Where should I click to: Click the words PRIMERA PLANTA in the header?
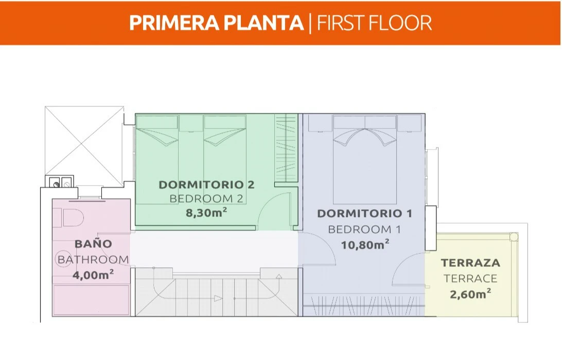(217, 23)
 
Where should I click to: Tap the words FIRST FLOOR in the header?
(374, 23)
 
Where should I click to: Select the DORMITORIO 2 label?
(206, 185)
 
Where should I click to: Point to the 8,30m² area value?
(206, 212)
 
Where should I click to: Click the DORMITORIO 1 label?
(364, 213)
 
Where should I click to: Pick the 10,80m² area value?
(365, 245)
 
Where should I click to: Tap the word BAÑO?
(93, 244)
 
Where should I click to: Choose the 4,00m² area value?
(93, 275)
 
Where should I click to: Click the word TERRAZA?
(470, 263)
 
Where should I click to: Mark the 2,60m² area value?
(470, 294)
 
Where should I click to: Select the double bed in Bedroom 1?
(365, 159)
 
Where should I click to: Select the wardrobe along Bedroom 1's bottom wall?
(364, 305)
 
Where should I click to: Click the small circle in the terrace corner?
(514, 237)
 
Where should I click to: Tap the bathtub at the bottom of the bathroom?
(91, 300)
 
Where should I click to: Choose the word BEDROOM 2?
(206, 199)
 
